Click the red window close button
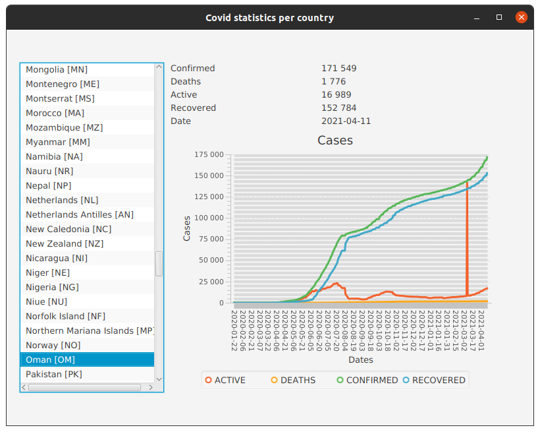tap(521, 17)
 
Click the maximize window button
tap(499, 17)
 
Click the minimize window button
tap(477, 17)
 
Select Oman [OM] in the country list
tap(50, 359)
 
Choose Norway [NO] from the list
tap(53, 345)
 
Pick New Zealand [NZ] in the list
tap(65, 243)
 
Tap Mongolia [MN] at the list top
tap(57, 69)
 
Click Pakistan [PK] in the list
tap(54, 374)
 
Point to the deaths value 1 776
tap(333, 81)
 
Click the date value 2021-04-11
tap(346, 121)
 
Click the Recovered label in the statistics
tap(193, 108)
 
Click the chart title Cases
tap(335, 140)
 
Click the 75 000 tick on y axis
tap(211, 239)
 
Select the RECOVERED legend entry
tap(434, 380)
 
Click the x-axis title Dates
tap(360, 359)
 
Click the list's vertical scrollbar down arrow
tap(159, 379)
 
